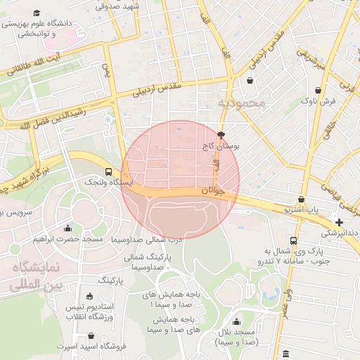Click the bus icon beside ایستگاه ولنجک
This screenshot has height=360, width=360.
[x=108, y=172]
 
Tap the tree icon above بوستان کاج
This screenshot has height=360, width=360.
[x=222, y=135]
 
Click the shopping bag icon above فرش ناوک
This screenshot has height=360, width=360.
[x=319, y=90]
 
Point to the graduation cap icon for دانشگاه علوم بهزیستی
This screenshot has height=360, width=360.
[x=37, y=13]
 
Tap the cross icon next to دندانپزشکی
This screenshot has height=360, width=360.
[x=340, y=222]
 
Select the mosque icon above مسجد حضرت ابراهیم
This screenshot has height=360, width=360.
[x=67, y=228]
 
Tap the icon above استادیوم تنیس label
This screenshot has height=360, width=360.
[x=89, y=296]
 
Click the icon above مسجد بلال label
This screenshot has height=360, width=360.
[x=236, y=322]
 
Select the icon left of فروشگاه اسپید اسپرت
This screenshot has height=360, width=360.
[x=50, y=347]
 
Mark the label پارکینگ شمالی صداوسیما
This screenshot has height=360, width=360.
[x=145, y=262]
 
